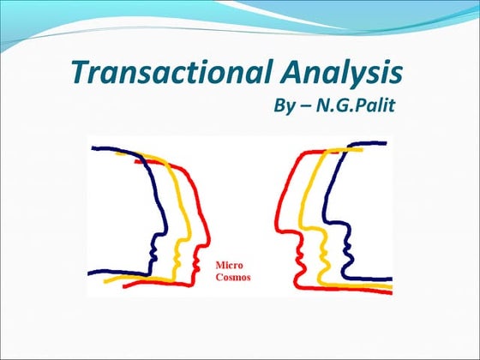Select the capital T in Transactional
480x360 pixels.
point(79,72)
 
